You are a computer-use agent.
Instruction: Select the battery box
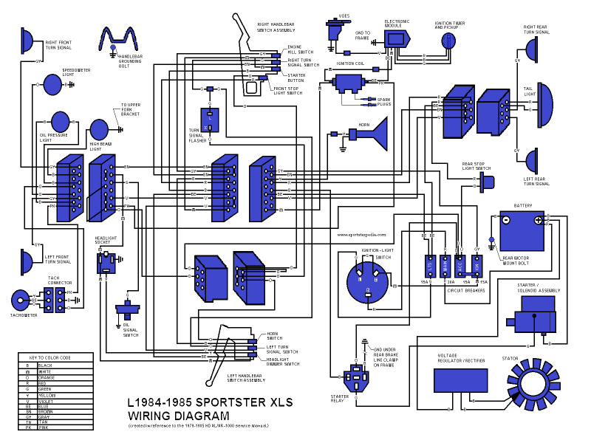pos(520,231)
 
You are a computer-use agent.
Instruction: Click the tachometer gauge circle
pos(20,300)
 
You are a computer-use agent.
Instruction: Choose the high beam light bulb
pos(99,129)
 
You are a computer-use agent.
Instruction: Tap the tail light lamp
pos(544,104)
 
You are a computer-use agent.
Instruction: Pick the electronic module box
pos(397,38)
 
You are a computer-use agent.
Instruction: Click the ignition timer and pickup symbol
pos(448,42)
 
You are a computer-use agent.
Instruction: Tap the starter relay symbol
pos(357,377)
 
